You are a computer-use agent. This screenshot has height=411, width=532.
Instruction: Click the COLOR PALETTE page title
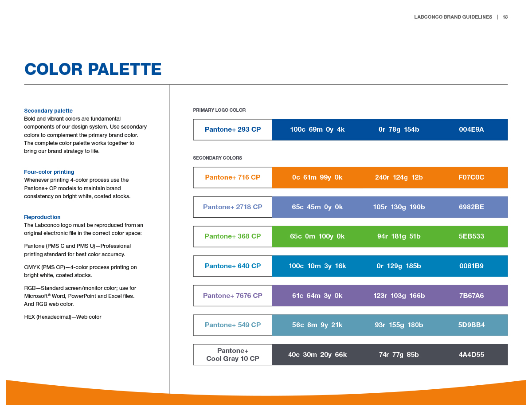pos(93,70)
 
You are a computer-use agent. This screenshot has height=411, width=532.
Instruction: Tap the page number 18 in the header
pos(505,17)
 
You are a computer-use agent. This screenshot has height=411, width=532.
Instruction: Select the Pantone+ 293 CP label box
pos(233,129)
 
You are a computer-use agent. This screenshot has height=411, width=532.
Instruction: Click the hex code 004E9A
pos(471,129)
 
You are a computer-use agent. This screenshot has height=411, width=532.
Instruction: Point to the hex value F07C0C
pos(471,177)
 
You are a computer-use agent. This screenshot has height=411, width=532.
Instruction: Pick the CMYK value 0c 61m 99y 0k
pos(317,177)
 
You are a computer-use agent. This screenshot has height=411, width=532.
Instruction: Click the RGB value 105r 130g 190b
pos(399,207)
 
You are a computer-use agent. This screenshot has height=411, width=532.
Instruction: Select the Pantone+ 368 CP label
pos(233,236)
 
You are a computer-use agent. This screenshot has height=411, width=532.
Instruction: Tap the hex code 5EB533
pos(471,236)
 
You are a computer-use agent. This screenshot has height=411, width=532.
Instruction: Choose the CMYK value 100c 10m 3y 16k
pos(317,266)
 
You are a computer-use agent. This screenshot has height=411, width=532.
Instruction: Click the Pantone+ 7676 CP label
pos(233,296)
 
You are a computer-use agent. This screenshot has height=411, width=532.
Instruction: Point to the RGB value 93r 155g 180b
pos(399,325)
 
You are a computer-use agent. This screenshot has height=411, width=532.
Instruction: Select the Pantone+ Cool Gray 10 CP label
pos(233,355)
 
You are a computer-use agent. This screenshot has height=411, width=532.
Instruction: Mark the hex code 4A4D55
pos(471,355)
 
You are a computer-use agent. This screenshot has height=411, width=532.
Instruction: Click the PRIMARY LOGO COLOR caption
pos(219,110)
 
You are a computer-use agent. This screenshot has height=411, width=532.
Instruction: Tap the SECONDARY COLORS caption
pos(217,158)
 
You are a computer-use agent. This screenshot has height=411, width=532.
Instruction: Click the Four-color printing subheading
pos(49,172)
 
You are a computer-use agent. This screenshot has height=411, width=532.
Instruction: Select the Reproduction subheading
pos(42,217)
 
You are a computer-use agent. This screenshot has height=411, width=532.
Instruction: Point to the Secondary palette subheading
pos(48,111)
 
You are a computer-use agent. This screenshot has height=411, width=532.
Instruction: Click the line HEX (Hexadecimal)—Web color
pos(63,317)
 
